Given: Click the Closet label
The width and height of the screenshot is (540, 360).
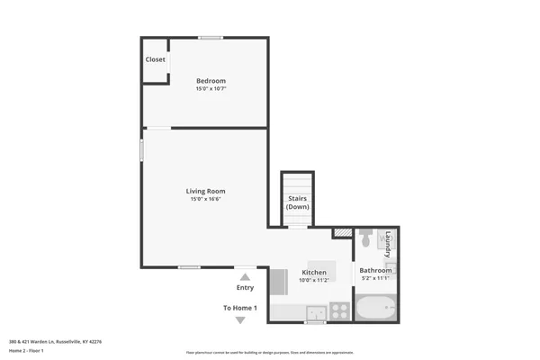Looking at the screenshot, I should [x=156, y=60].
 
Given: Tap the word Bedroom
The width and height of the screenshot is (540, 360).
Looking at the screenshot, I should [x=211, y=81].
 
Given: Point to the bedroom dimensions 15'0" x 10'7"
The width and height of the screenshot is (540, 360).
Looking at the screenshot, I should [x=211, y=89].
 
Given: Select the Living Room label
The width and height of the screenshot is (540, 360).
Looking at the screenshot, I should [x=205, y=191].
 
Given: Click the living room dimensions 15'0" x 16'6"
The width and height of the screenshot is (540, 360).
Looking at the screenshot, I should [x=205, y=199].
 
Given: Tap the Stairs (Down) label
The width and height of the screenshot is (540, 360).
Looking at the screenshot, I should [x=298, y=202].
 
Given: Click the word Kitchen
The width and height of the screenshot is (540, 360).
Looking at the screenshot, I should [x=314, y=272].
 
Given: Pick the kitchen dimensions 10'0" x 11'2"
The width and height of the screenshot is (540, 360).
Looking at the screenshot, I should [x=314, y=280].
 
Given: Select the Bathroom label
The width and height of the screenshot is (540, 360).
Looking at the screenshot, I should [x=375, y=270].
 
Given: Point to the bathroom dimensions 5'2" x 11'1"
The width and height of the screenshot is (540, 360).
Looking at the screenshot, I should [x=375, y=278].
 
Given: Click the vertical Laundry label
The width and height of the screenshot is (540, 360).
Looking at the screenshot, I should [x=389, y=244].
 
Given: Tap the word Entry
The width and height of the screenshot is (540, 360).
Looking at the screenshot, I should [x=245, y=288].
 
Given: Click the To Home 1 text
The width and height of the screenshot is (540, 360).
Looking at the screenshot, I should [x=240, y=309].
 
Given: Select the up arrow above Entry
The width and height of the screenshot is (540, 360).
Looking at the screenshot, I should [x=245, y=277].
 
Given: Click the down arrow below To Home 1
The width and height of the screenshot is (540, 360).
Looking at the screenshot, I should [x=240, y=319].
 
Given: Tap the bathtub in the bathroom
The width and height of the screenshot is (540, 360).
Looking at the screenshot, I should [x=375, y=310].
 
